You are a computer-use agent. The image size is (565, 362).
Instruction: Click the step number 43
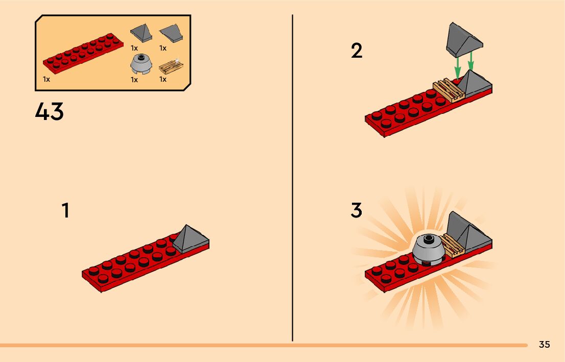[50, 111]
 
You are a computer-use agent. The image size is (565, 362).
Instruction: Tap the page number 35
[545, 344]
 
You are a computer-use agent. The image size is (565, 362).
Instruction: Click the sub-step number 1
[65, 210]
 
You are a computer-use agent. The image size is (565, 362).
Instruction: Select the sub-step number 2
[357, 51]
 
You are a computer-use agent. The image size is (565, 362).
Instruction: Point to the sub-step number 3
[356, 210]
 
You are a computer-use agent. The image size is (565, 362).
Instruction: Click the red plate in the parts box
[83, 53]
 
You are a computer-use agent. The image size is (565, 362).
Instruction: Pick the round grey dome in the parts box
[141, 64]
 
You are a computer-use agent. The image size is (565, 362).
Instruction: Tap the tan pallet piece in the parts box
[171, 67]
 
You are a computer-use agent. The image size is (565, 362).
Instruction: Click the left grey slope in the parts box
[141, 33]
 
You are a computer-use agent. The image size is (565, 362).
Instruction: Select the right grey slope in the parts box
[171, 34]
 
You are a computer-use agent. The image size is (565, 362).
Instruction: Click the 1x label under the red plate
[46, 79]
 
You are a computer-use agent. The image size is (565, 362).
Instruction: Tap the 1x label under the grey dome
[134, 80]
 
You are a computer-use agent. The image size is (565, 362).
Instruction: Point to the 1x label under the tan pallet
[163, 79]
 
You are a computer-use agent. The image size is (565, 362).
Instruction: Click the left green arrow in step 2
[457, 68]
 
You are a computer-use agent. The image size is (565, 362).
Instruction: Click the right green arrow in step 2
[470, 61]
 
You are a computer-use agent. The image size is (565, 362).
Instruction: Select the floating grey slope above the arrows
[464, 40]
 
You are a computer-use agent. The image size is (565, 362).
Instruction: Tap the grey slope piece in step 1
[190, 238]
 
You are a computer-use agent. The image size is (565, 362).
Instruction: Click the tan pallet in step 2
[449, 90]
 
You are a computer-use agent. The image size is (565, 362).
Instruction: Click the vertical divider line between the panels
[292, 178]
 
